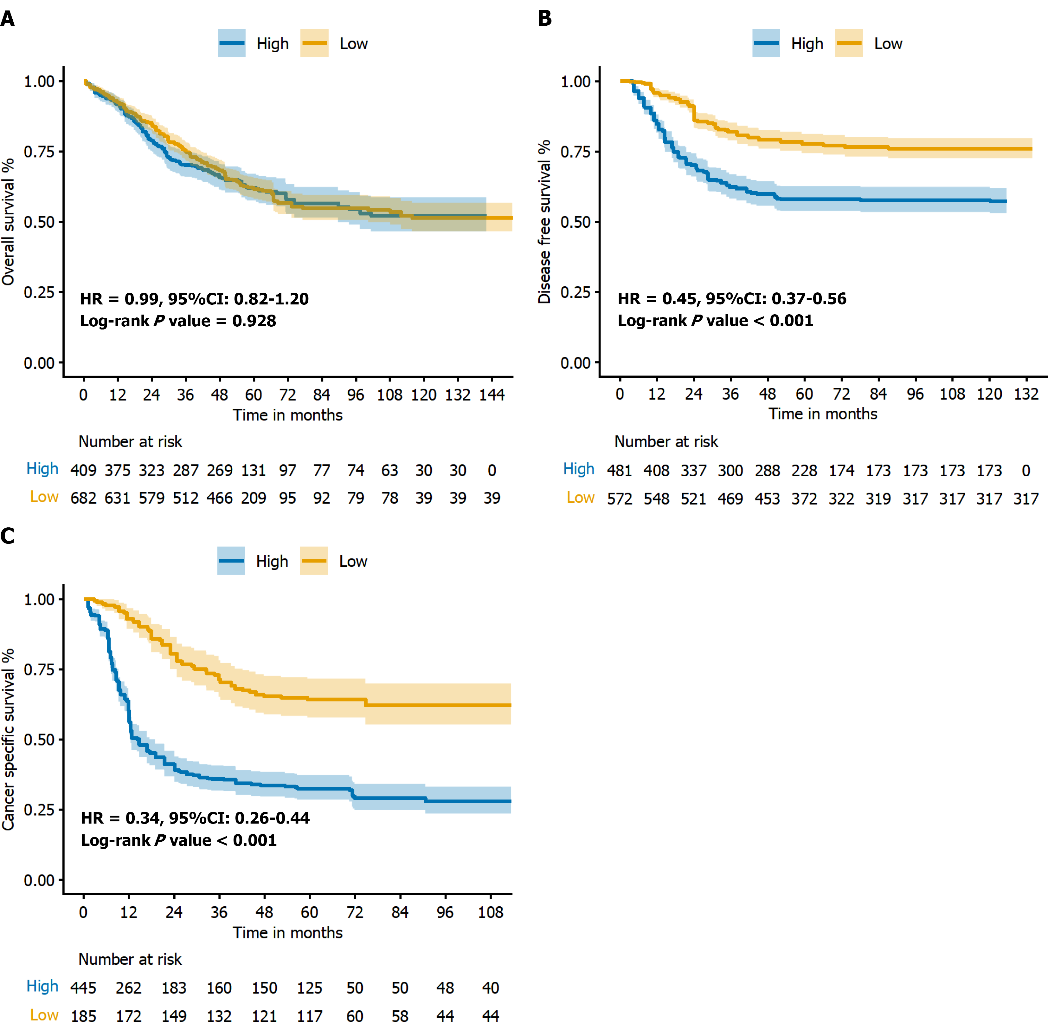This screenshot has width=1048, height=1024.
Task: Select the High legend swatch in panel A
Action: pos(232,43)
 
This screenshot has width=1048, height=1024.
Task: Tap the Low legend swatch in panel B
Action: pos(849,43)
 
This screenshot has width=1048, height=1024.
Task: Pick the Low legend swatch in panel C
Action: pos(314,561)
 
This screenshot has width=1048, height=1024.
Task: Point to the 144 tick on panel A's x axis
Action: pos(492,395)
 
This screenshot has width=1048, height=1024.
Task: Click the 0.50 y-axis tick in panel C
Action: pos(39,740)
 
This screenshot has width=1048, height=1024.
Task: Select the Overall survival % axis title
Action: pos(8,222)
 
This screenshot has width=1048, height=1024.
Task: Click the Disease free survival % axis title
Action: pos(544,222)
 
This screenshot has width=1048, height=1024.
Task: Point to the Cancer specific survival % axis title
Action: pos(8,740)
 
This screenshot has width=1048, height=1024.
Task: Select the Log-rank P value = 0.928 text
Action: pos(178,321)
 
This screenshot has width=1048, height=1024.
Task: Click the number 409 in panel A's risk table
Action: pos(83,471)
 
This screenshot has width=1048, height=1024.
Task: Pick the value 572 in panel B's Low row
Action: pos(620,499)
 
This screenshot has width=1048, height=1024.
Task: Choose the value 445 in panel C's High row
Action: pos(83,988)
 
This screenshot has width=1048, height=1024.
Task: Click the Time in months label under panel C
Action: pos(287,933)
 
